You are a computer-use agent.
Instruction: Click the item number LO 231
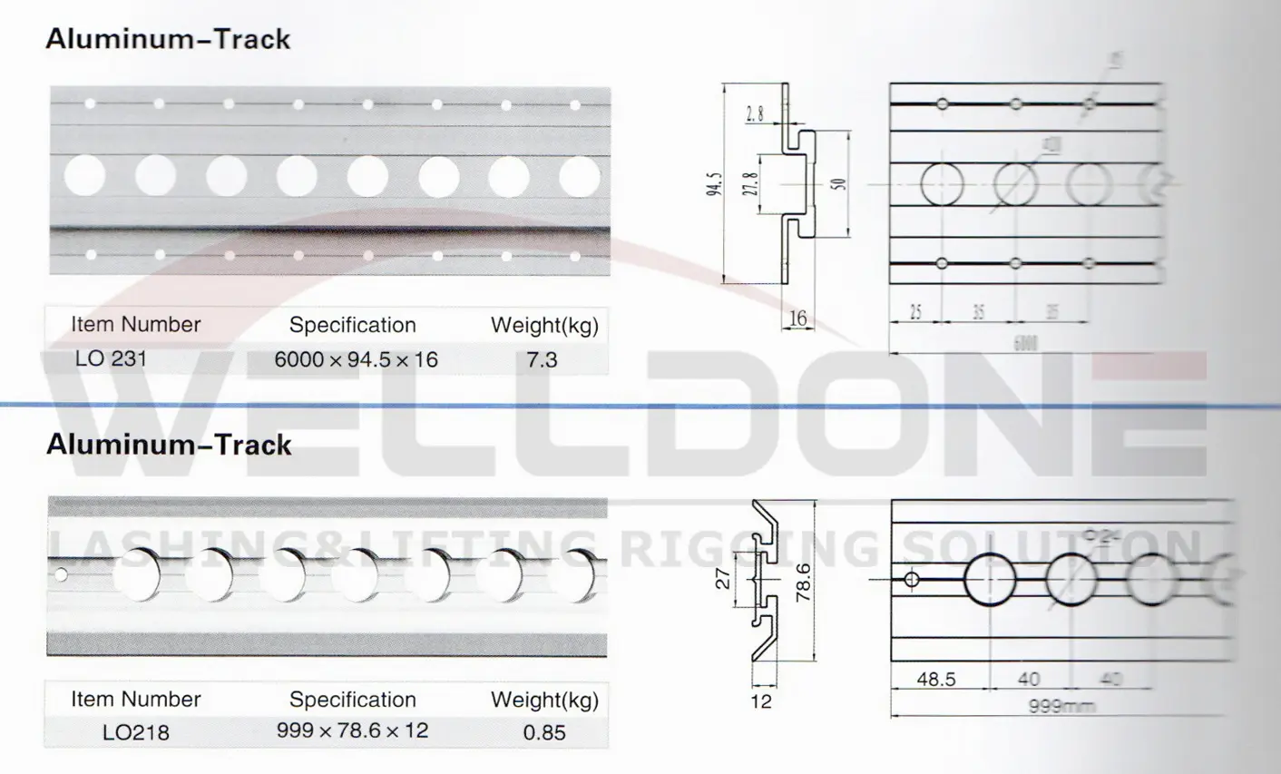coord(111,358)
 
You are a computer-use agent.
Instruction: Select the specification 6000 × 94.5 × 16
coord(356,360)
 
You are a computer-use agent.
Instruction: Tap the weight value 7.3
coord(542,360)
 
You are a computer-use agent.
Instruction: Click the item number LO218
coord(135,732)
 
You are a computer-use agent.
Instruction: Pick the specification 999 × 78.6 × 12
coord(352,730)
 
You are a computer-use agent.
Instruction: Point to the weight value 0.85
coord(544,732)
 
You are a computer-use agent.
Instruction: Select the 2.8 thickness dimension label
coord(755,114)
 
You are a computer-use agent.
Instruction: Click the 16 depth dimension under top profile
coord(797,318)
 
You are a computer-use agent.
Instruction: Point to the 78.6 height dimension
coord(803,583)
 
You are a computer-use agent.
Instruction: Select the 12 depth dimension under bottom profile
coord(761,701)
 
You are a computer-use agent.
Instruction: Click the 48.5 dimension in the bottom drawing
coord(935,679)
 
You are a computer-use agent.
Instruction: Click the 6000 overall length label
coord(1024,342)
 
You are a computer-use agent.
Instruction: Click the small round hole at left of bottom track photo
coord(61,574)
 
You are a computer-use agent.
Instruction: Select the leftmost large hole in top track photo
coord(85,175)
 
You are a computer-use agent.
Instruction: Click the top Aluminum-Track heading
coord(168,39)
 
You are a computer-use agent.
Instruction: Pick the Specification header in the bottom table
coord(352,700)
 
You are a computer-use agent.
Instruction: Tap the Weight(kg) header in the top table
coord(544,325)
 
